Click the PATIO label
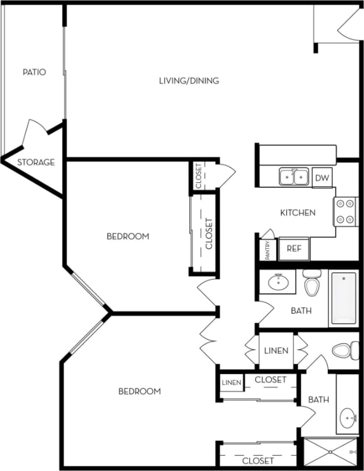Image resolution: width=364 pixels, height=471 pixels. tap(34, 72)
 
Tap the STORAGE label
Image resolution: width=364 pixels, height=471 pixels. tap(36, 162)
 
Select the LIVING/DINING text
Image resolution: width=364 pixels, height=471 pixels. tap(189, 80)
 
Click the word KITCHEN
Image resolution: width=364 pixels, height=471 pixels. tap(297, 212)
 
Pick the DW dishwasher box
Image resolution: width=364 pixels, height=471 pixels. tap(321, 178)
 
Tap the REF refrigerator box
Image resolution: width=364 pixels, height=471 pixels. tap(294, 249)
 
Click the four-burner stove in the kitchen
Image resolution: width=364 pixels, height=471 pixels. tap(345, 211)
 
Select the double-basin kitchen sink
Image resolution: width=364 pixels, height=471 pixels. tap(294, 176)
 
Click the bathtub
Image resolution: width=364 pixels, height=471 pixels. tap(343, 298)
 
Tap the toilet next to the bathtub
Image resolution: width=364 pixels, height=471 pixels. tap(312, 282)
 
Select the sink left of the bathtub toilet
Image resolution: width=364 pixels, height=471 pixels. tap(277, 282)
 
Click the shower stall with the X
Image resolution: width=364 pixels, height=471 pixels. tap(331, 451)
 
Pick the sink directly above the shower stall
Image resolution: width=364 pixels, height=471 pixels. tap(347, 418)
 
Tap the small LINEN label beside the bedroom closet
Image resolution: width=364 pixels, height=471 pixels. tap(232, 383)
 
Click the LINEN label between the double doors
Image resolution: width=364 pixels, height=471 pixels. tap(276, 350)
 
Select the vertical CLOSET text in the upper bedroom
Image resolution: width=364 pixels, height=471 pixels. tap(208, 233)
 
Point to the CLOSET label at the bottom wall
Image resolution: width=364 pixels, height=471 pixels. tap(258, 460)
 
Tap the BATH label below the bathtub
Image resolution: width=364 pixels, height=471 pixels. tap(301, 311)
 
